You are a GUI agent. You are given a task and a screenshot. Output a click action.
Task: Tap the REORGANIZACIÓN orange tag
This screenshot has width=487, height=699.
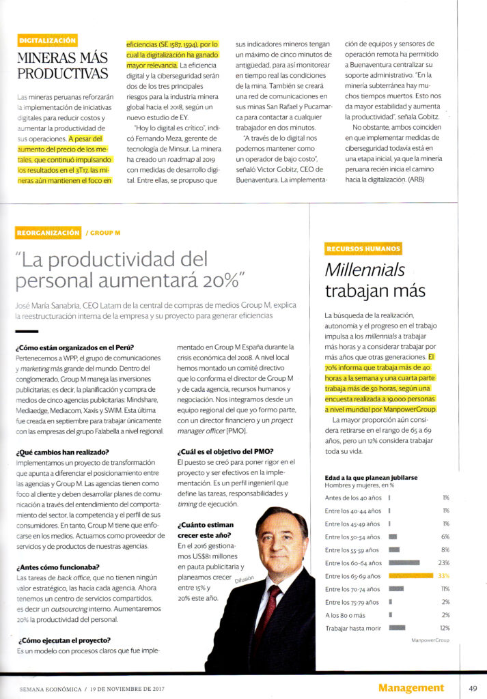click(x=48, y=233)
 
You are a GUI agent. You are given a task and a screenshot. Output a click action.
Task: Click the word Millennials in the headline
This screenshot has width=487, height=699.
click(x=364, y=270)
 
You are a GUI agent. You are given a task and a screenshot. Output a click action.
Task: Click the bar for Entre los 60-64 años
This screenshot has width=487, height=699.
click(x=404, y=562)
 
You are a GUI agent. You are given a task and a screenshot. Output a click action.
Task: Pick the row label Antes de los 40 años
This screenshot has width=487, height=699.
click(x=352, y=498)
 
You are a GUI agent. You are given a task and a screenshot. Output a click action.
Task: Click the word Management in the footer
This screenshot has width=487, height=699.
click(x=411, y=687)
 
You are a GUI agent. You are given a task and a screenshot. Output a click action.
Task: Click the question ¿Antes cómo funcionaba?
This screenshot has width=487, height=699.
click(x=57, y=567)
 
